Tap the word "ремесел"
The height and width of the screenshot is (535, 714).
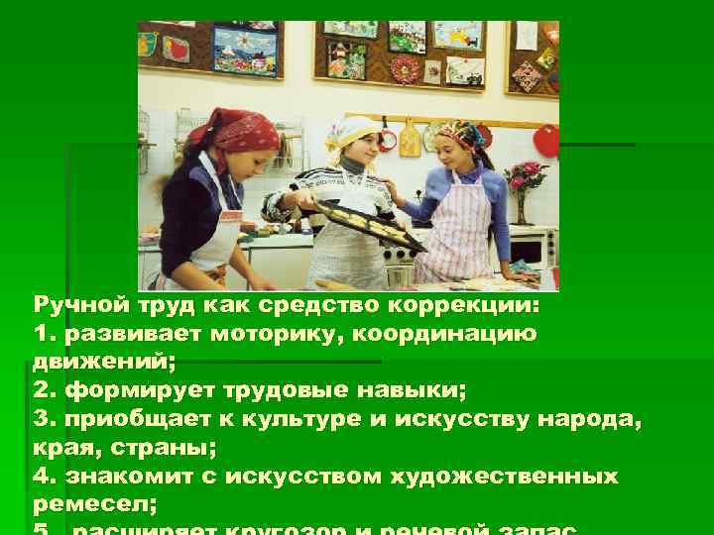pyautogui.click(x=89, y=504)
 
